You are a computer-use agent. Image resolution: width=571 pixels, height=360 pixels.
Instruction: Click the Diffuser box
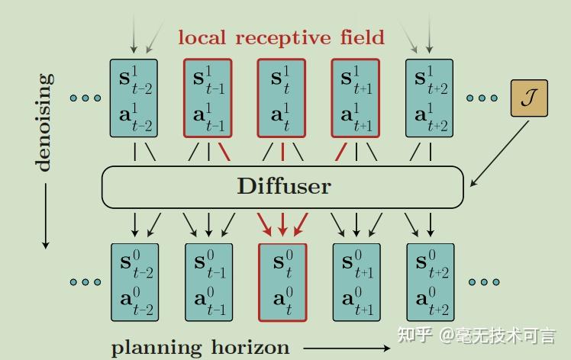(x=282, y=186)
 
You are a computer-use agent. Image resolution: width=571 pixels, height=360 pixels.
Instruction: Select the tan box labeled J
(x=529, y=99)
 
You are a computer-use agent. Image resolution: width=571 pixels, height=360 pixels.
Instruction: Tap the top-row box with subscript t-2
(x=134, y=98)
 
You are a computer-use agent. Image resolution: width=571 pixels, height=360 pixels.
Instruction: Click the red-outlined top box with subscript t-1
(x=208, y=98)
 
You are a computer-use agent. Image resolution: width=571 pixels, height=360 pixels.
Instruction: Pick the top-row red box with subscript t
(x=282, y=98)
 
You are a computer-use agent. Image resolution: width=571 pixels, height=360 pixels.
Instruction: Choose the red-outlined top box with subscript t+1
(x=356, y=98)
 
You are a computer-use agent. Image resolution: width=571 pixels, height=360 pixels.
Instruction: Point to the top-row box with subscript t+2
(x=430, y=98)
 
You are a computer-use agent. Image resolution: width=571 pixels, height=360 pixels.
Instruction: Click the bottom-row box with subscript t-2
(x=134, y=282)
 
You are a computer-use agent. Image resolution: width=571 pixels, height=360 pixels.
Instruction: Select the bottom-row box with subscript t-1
(x=208, y=282)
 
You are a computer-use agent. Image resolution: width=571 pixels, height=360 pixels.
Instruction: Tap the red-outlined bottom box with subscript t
(x=282, y=282)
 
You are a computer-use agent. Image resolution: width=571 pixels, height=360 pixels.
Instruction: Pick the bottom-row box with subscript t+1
(x=356, y=282)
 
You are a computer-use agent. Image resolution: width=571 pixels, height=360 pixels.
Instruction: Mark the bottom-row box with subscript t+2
(x=431, y=282)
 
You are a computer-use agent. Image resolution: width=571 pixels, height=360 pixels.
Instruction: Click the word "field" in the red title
(x=359, y=36)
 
